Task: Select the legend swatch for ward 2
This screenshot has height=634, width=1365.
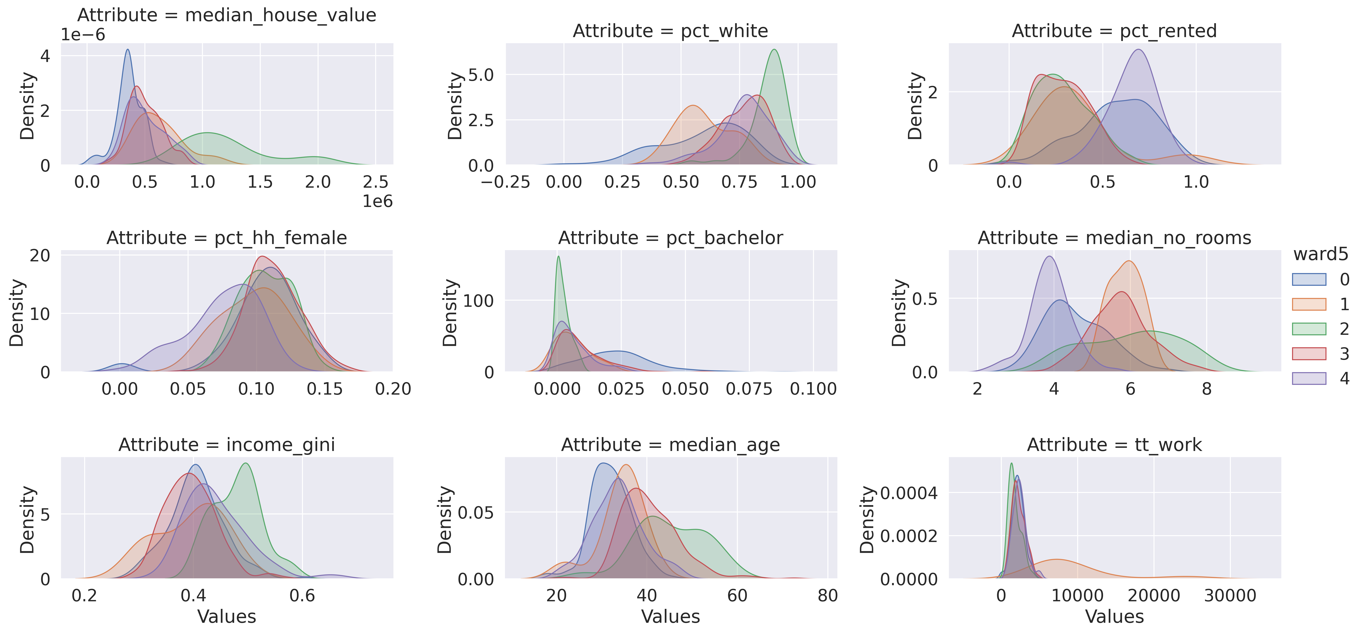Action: coord(1309,329)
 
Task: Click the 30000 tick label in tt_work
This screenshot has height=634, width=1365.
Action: coord(1230,596)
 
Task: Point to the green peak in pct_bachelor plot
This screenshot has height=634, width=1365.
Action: coord(558,258)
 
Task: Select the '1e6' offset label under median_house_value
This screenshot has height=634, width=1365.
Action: coord(377,201)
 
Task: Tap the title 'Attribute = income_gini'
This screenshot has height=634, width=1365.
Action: coord(227,445)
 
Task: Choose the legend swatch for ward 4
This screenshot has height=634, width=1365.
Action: coord(1309,378)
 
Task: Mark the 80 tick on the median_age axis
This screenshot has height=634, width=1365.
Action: coord(827,596)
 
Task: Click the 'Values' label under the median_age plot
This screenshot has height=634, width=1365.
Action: coord(670,616)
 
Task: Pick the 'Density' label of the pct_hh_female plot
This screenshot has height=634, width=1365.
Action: coord(17,313)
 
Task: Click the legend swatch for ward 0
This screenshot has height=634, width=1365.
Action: coord(1309,279)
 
